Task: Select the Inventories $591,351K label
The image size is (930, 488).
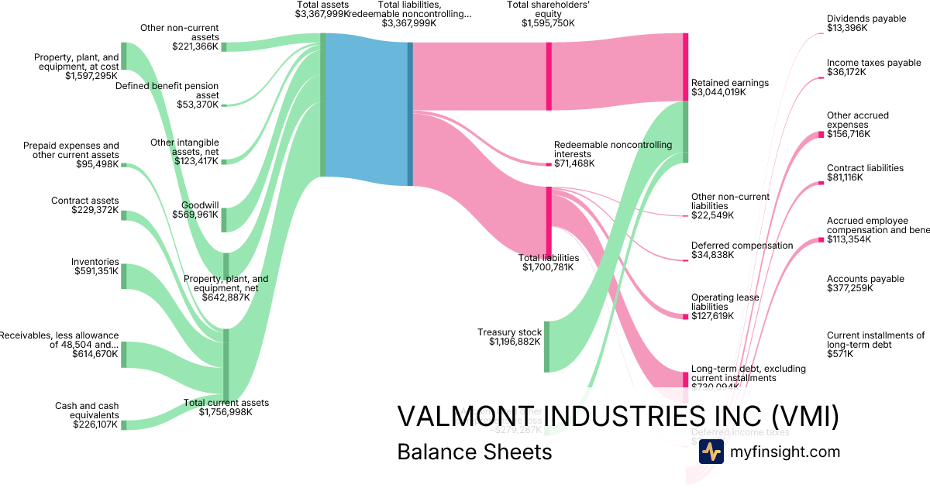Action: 96,266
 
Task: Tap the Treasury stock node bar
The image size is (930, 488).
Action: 546,346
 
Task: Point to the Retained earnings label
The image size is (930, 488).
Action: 729,87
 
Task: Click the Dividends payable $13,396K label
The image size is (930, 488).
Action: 866,23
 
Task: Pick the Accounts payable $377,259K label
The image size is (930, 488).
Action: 866,284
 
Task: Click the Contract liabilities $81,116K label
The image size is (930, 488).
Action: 865,173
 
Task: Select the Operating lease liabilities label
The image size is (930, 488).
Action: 725,306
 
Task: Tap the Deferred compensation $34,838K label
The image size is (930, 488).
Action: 742,249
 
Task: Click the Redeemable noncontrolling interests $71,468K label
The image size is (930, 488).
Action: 613,154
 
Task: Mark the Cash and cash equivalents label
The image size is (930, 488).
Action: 87,414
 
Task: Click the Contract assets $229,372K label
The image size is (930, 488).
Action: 85,205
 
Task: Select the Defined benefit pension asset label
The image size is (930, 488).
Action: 167,95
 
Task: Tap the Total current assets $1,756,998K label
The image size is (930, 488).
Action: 226,407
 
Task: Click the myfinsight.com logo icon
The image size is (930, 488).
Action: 711,452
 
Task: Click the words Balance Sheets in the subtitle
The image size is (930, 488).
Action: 474,452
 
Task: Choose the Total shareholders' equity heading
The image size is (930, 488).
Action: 549,14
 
